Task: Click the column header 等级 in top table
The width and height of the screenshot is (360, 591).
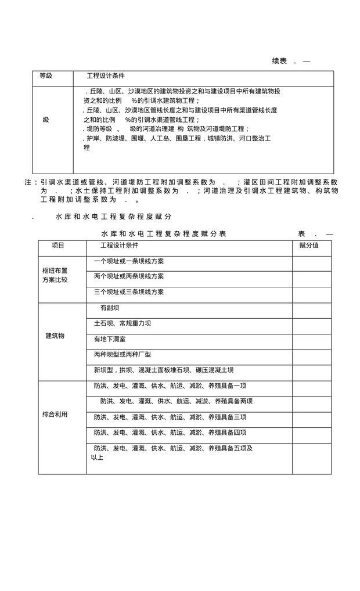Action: click(46, 76)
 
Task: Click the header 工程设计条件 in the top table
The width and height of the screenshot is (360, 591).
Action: click(106, 76)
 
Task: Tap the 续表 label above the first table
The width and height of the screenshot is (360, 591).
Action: click(280, 61)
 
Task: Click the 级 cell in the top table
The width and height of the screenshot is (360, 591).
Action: click(46, 120)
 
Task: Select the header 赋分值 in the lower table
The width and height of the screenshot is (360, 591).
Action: click(309, 246)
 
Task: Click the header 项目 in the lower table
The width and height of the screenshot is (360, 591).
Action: click(58, 246)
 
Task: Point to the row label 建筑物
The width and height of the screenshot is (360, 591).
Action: click(55, 336)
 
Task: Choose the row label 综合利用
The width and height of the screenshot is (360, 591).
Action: click(55, 415)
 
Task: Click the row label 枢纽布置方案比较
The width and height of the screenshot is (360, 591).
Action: click(55, 275)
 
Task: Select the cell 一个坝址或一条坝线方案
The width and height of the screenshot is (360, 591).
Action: click(129, 261)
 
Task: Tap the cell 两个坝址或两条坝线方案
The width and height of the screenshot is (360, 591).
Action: click(129, 276)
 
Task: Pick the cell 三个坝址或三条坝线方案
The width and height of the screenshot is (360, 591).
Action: click(129, 292)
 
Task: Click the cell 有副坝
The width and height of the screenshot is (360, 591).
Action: click(110, 308)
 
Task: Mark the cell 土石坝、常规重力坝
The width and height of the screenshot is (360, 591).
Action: click(123, 323)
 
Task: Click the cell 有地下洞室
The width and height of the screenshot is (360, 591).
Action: click(110, 339)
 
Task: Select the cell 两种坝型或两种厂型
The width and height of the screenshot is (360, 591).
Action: click(123, 354)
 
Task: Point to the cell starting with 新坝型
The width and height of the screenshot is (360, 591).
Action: click(164, 370)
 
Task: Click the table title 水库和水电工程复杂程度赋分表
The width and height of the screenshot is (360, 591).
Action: click(164, 233)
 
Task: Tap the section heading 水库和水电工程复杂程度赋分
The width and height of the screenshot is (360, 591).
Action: click(113, 216)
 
